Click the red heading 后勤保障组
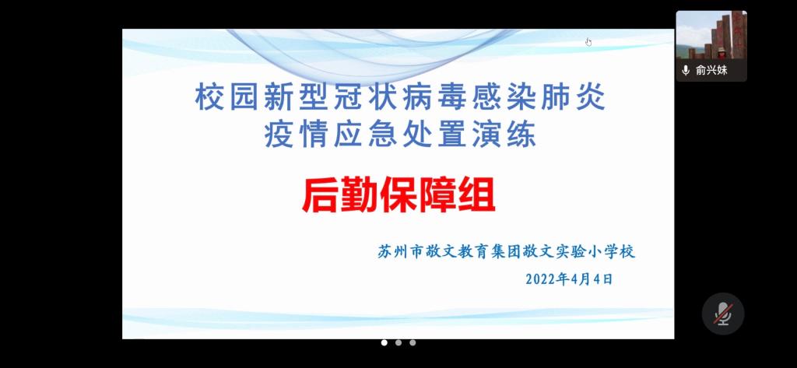[398, 197]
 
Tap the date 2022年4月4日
[569, 279]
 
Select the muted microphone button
[723, 314]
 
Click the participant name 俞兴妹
[711, 70]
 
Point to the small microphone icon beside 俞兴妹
[686, 70]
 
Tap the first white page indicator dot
[384, 342]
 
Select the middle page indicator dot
[398, 342]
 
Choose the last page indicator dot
[413, 342]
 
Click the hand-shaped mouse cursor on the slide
[588, 42]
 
